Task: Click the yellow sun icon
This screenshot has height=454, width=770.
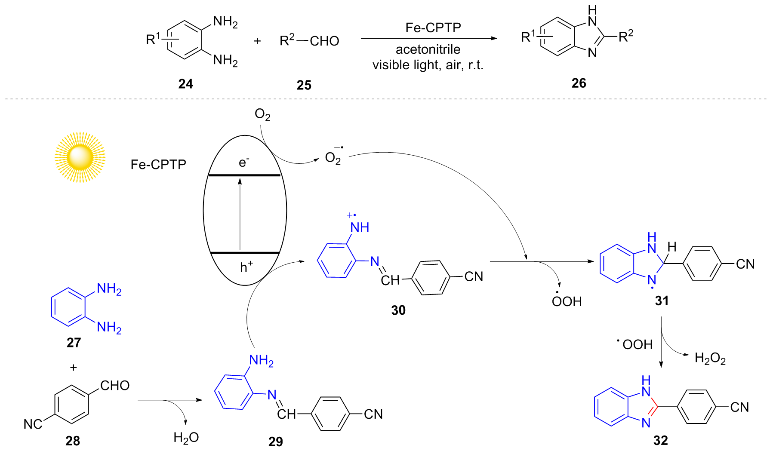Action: [x=80, y=157]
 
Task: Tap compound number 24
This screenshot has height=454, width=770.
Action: [x=185, y=84]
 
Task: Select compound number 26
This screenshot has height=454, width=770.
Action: [x=579, y=83]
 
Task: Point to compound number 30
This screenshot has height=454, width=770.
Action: [x=398, y=310]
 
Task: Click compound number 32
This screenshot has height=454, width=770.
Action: [x=660, y=441]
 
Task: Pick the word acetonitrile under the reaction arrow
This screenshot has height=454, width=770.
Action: [x=428, y=49]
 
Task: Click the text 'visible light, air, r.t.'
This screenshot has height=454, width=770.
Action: [x=428, y=65]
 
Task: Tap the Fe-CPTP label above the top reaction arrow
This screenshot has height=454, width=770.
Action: [x=433, y=28]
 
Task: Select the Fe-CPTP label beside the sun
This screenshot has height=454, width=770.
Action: [x=158, y=164]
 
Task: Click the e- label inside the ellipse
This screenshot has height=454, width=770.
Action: [x=244, y=162]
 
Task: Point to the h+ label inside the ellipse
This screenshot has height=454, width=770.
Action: [x=246, y=267]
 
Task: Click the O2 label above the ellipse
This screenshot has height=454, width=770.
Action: [x=262, y=115]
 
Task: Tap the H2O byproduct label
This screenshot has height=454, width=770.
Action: [x=186, y=438]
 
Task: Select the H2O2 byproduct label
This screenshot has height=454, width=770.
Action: [x=710, y=358]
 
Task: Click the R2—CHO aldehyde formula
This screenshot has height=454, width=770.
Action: [x=309, y=41]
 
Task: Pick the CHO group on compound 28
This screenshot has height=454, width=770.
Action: [x=115, y=385]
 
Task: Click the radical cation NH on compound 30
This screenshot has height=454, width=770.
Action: [x=359, y=227]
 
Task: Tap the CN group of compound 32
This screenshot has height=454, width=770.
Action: [x=739, y=407]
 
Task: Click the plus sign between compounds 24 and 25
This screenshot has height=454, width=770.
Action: [x=257, y=41]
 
